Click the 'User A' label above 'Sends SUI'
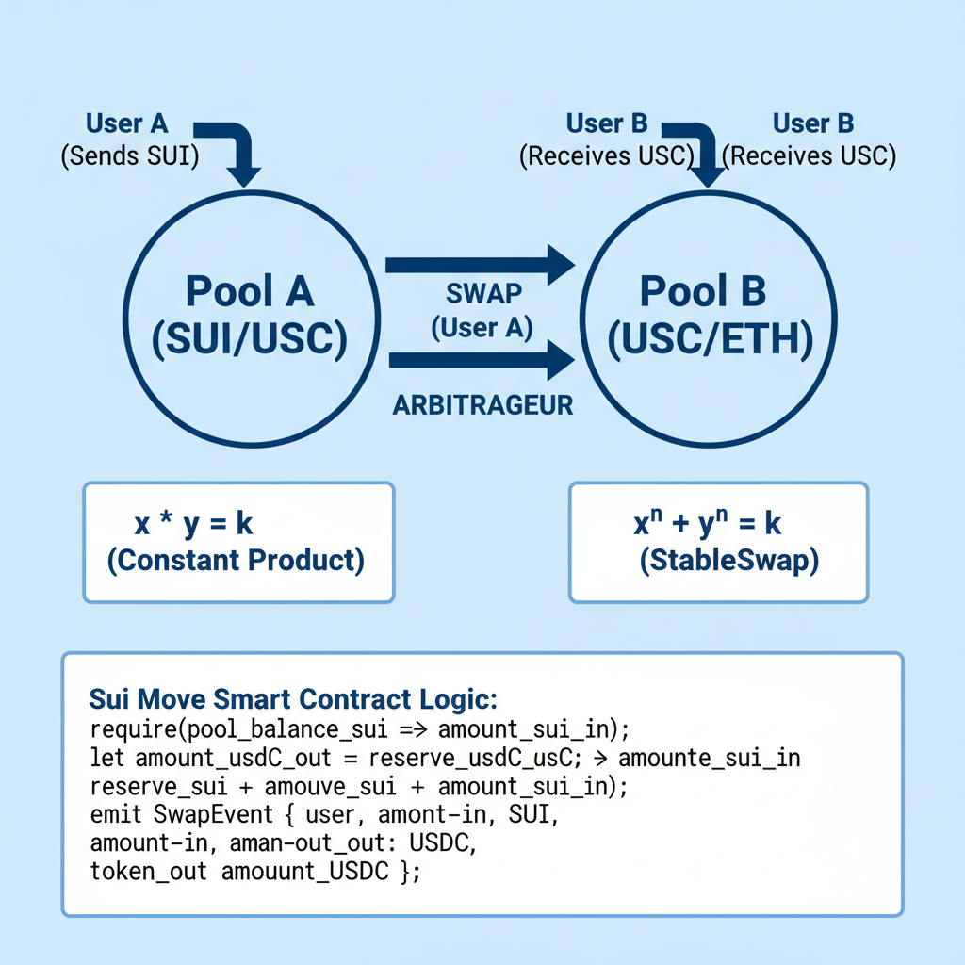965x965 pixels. pos(127,124)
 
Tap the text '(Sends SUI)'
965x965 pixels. pos(130,155)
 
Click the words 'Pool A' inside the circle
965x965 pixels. pos(250,291)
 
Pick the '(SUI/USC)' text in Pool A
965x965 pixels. pos(250,340)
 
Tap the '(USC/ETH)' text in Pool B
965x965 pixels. pos(710,340)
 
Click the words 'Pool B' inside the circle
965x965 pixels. pos(703,291)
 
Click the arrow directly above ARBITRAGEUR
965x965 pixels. pos(480,360)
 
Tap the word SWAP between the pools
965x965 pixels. pos(482,294)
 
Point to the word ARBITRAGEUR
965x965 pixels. pos(482,405)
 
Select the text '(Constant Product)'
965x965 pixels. pos(236,560)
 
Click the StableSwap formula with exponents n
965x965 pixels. pos(707,524)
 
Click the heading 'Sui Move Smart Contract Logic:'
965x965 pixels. pos(292,700)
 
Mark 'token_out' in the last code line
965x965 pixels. pos(149,872)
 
